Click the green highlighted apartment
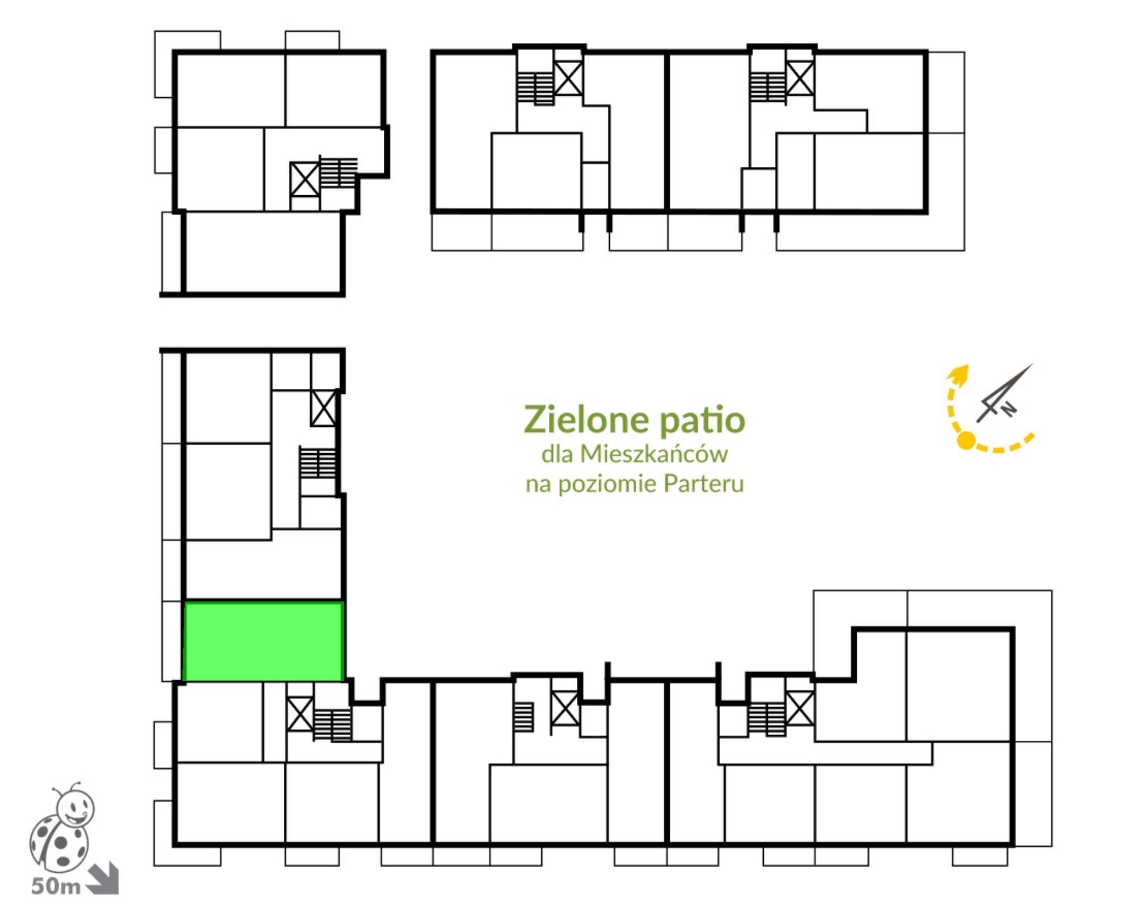click(x=263, y=641)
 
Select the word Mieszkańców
click(x=654, y=454)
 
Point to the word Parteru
click(x=703, y=483)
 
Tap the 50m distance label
click(x=56, y=886)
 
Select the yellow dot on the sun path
click(x=966, y=441)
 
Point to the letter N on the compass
click(x=1008, y=410)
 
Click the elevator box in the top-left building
click(x=304, y=179)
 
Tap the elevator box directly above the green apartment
click(x=323, y=408)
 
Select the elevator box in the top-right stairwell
click(x=800, y=78)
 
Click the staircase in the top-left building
click(x=338, y=172)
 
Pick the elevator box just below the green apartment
click(x=300, y=713)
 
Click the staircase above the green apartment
click(x=317, y=462)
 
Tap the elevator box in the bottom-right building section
click(x=800, y=708)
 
